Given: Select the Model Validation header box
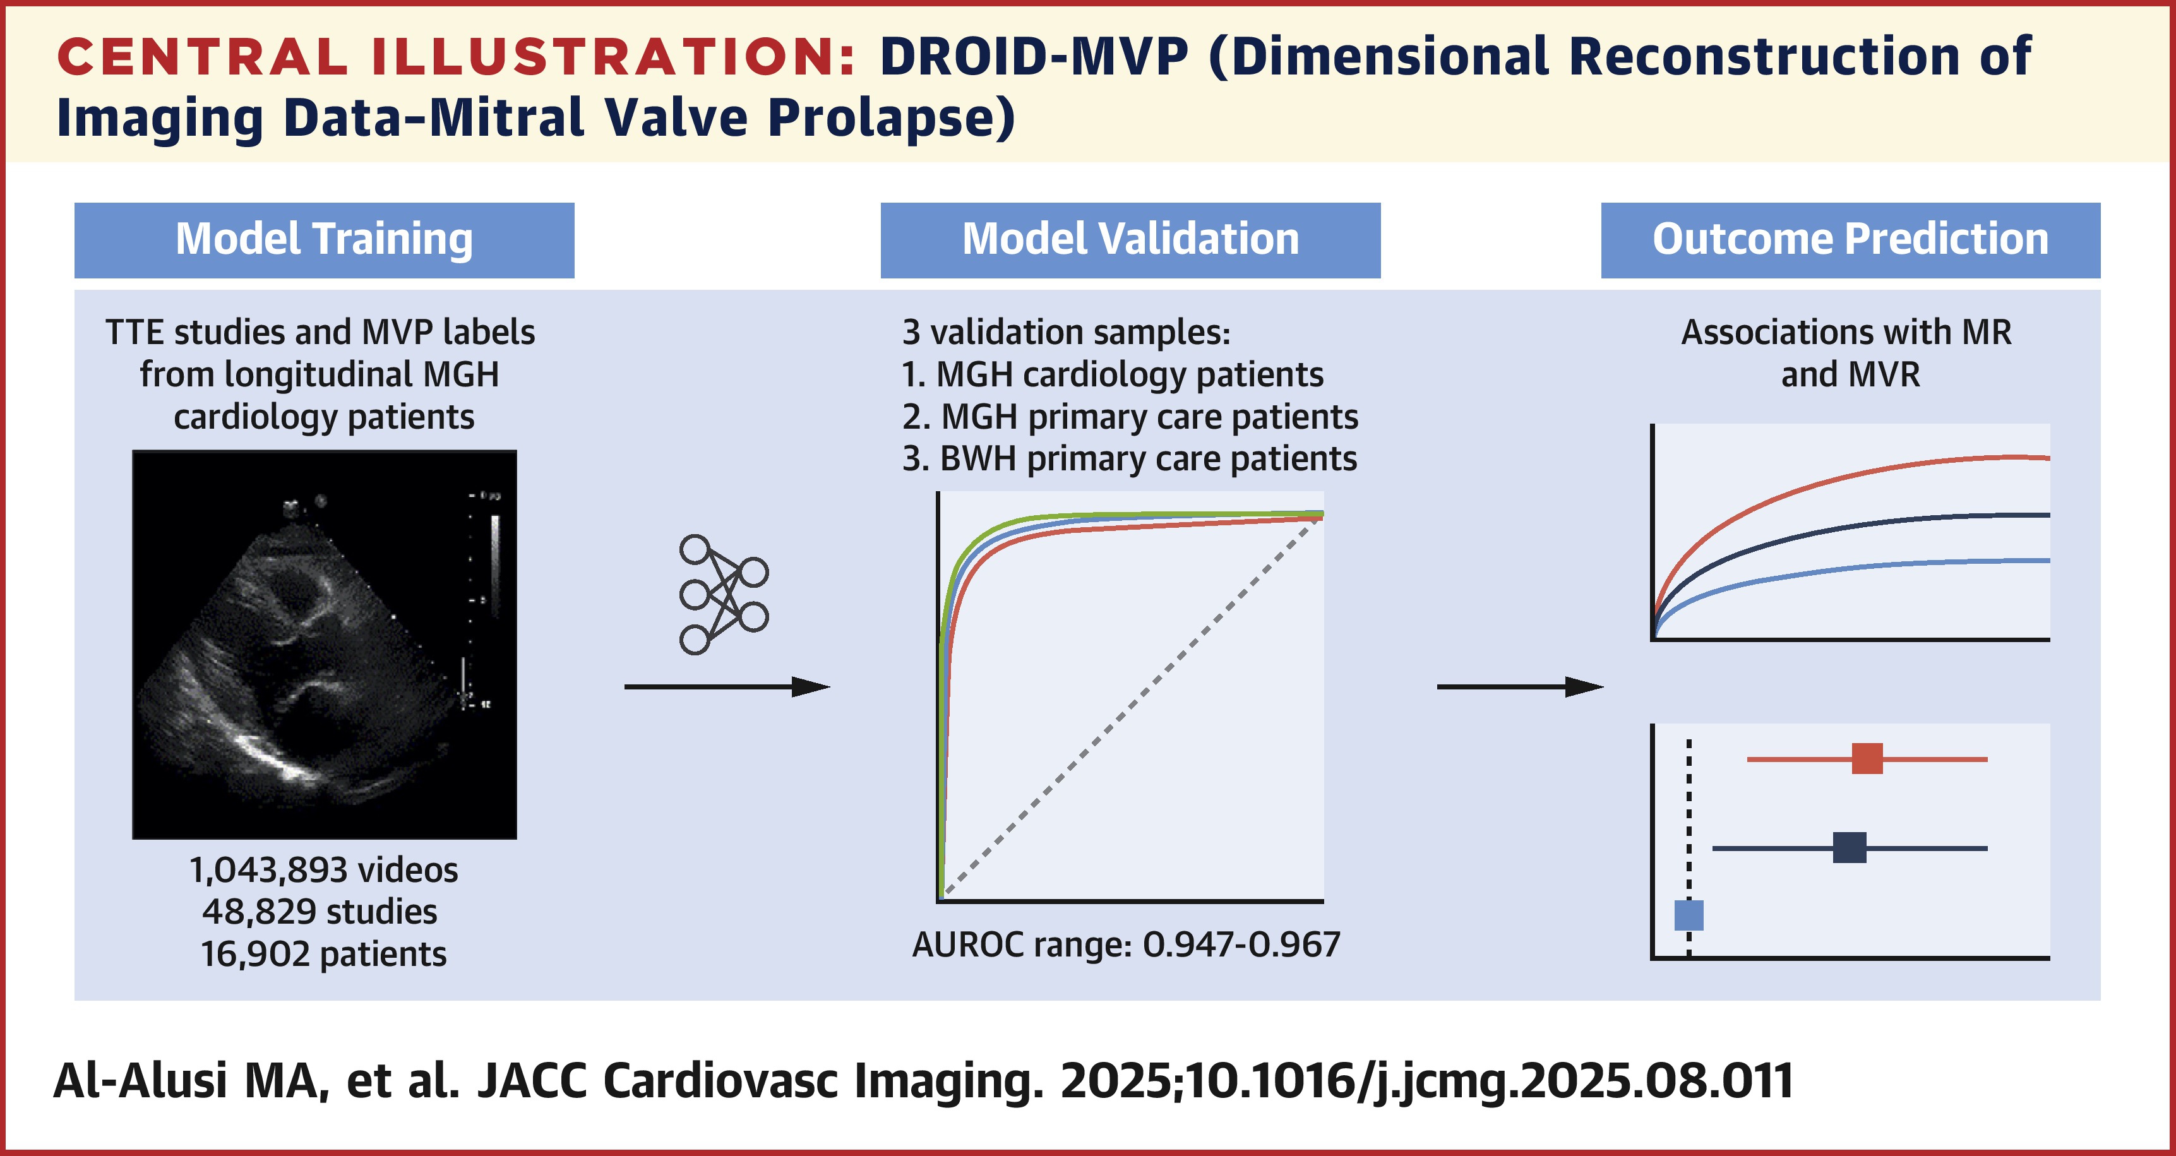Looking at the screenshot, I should point(1130,240).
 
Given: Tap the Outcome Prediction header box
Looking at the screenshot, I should point(1850,240).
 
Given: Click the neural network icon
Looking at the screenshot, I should point(723,595).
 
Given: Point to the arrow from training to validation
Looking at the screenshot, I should point(726,686).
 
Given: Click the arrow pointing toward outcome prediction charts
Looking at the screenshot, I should point(1519,686).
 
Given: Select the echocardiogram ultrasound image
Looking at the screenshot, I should point(325,643).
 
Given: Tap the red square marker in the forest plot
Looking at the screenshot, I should point(1867,758).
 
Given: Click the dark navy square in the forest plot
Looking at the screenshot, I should point(1849,847).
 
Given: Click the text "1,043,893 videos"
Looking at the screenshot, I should point(323,870).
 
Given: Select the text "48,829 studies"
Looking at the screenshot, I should point(320,912).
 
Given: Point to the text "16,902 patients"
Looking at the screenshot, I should point(323,954).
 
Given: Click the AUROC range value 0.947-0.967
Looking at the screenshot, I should point(1241,944).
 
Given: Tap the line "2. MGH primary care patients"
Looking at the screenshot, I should point(1130,417).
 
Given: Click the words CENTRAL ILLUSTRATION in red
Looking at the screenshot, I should point(456,57).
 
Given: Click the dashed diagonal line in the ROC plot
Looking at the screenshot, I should point(1132,708).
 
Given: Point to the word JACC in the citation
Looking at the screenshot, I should point(532,1081).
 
